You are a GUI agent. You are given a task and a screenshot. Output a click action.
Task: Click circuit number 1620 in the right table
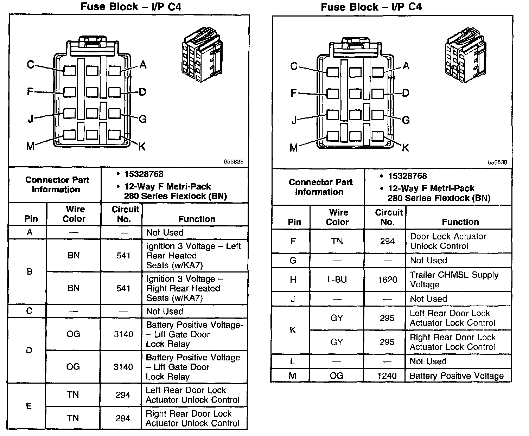[387, 280]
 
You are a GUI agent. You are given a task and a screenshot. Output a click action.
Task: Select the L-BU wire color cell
[337, 280]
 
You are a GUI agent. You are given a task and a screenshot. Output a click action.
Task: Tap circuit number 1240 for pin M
[387, 376]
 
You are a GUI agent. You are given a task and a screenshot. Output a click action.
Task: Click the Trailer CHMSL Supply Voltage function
[454, 280]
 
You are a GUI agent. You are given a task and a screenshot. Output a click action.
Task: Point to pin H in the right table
[293, 280]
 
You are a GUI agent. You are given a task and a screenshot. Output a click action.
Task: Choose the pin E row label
[29, 406]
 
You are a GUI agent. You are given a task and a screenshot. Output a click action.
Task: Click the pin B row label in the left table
[30, 271]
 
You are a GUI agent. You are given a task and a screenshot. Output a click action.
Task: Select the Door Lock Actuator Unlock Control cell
[448, 241]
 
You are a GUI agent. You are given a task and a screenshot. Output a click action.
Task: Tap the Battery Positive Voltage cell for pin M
[457, 376]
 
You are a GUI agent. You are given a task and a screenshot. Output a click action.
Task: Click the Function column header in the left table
[197, 219]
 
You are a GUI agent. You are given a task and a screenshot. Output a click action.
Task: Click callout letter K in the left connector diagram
[142, 146]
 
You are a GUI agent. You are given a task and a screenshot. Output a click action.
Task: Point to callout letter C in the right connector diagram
[294, 66]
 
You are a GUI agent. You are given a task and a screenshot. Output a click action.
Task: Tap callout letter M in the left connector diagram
[31, 146]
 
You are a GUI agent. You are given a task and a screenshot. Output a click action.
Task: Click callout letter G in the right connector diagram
[406, 120]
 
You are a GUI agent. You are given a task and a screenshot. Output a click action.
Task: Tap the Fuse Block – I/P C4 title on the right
[371, 7]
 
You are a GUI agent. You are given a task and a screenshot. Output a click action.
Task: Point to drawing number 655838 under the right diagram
[497, 162]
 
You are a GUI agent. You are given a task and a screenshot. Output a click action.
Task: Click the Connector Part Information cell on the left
[57, 185]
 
